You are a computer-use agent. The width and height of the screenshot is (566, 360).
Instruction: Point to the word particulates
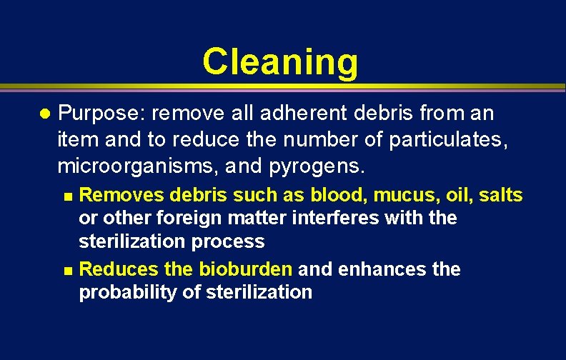pos(448,141)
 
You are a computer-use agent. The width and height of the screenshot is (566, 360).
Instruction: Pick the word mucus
pos(394,195)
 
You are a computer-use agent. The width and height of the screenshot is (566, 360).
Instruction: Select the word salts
pos(500,194)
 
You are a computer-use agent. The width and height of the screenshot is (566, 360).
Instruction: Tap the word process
pos(231,241)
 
